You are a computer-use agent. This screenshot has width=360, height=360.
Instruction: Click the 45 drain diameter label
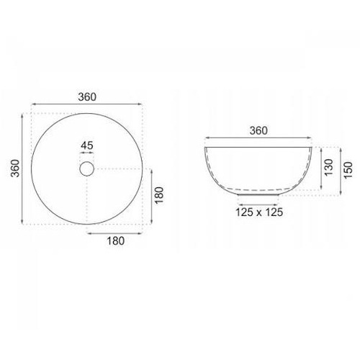tap(87, 145)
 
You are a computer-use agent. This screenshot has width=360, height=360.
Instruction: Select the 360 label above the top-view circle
tap(87, 97)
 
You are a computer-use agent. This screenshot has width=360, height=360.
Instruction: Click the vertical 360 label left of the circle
tap(16, 168)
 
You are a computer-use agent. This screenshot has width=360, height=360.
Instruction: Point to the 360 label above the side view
tap(258, 131)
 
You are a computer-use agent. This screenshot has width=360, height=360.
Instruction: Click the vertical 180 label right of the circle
tap(159, 196)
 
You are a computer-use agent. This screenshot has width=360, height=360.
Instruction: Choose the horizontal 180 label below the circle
tap(116, 241)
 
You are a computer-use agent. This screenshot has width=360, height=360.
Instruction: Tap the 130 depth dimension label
tap(329, 167)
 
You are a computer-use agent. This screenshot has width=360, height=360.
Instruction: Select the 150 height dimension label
tap(348, 170)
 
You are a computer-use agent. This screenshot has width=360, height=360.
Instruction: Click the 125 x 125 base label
tap(259, 212)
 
